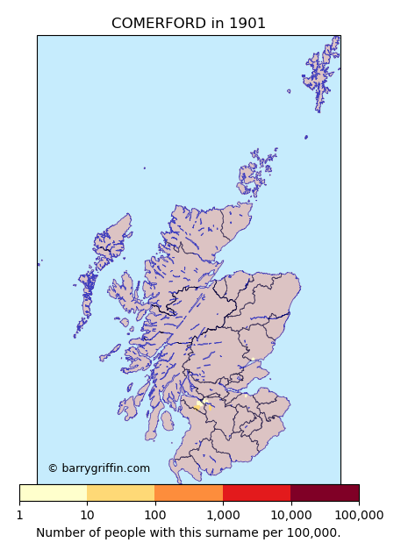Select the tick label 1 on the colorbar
19,515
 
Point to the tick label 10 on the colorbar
87,515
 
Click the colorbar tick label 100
154,515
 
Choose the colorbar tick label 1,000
223,515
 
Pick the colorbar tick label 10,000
290,515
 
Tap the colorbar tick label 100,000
359,515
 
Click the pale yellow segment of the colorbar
53,493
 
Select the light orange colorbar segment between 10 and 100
121,493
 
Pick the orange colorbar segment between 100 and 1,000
189,493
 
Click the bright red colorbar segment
256,493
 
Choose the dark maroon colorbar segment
325,493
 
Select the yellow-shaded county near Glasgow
198,406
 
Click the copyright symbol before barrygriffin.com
53,468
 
